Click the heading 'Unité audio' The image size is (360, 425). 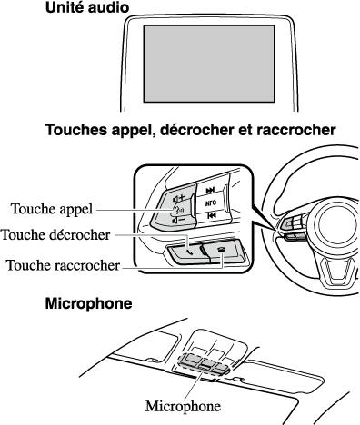pyautogui.click(x=87, y=7)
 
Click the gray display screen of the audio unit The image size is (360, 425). pyautogui.click(x=209, y=64)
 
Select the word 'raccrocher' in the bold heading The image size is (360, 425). pyautogui.click(x=296, y=131)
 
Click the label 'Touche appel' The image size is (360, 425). pyautogui.click(x=52, y=209)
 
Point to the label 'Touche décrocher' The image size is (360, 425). pyautogui.click(x=55, y=234)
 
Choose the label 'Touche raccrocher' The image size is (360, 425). pyautogui.click(x=63, y=265)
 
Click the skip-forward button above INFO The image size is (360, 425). pyautogui.click(x=210, y=191)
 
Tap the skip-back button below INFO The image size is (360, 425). pyautogui.click(x=211, y=215)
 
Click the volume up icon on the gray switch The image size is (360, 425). pyautogui.click(x=178, y=199)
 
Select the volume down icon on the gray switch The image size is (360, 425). pyautogui.click(x=178, y=220)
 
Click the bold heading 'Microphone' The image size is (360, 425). pyautogui.click(x=88, y=303)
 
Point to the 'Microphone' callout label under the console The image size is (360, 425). pyautogui.click(x=183, y=406)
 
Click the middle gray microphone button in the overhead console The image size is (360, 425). pyautogui.click(x=205, y=362)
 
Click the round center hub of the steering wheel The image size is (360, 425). pyautogui.click(x=337, y=224)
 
